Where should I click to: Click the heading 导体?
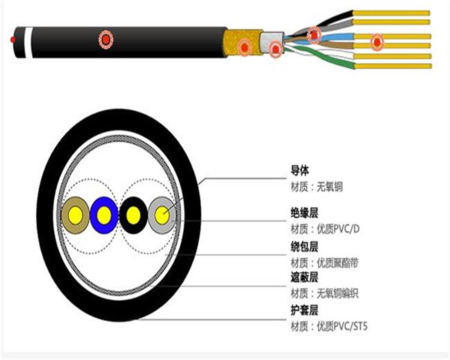[x=300, y=171]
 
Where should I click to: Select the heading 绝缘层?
[x=304, y=213]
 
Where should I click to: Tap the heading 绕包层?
[x=304, y=247]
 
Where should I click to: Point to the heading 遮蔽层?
[x=304, y=277]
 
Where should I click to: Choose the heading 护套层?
[x=304, y=310]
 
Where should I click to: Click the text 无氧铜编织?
[x=337, y=293]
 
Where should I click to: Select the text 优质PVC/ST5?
[x=342, y=326]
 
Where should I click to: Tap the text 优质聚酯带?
[x=337, y=262]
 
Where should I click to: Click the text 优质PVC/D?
[x=338, y=229]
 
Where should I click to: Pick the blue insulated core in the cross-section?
[x=104, y=215]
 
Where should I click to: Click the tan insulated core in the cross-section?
[x=76, y=215]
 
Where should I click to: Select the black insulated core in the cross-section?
[x=133, y=215]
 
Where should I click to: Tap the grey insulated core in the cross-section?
[x=162, y=215]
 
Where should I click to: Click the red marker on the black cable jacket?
[x=106, y=39]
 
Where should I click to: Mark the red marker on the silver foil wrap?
[x=276, y=49]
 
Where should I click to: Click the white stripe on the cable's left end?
[x=28, y=43]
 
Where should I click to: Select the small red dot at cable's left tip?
[x=13, y=39]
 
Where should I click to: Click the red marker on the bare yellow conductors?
[x=377, y=42]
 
